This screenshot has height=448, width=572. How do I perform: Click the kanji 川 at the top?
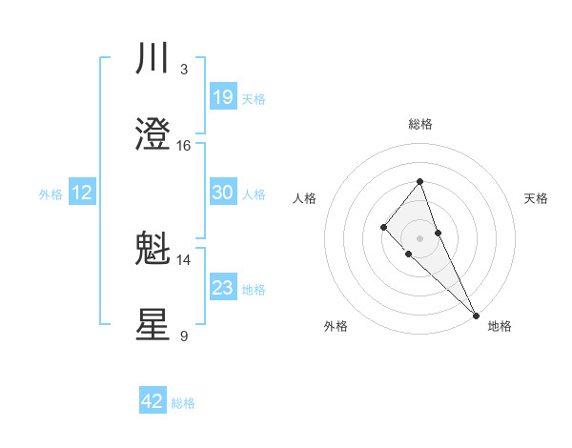tap(153, 59)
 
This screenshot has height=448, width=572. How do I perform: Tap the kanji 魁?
tap(153, 250)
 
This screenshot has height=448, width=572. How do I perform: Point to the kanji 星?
tap(153, 325)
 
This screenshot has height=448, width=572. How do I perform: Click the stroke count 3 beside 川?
tap(184, 70)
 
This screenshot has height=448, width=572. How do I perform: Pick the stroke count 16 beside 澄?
tap(184, 146)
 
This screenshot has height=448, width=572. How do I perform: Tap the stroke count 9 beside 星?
tap(184, 336)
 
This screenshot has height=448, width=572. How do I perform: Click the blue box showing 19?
tap(222, 96)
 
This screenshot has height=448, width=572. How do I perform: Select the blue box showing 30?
tap(222, 193)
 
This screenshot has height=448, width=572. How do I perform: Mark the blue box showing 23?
tap(222, 288)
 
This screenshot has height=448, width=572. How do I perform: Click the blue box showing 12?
tap(82, 193)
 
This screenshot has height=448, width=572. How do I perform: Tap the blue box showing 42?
tap(153, 401)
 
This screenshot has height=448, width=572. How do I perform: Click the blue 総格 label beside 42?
tap(183, 403)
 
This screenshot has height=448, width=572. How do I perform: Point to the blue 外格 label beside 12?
tap(51, 194)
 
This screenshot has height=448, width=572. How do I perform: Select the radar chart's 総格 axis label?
tap(419, 125)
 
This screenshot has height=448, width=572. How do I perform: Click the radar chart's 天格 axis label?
tap(537, 198)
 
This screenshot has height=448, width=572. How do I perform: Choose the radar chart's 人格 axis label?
tap(305, 198)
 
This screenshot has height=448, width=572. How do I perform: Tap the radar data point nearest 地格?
tap(476, 315)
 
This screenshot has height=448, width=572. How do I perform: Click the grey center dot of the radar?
tap(419, 237)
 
